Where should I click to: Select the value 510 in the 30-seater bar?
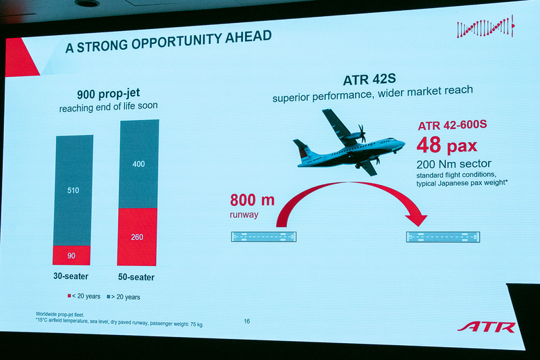click(73, 190)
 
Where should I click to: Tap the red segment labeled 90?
click(72, 255)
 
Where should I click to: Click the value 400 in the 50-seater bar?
click(138, 164)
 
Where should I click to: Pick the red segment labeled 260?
click(138, 237)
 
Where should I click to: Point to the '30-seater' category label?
click(72, 276)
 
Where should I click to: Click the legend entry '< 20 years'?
click(84, 297)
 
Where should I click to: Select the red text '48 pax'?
click(446, 145)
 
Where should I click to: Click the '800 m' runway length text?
click(253, 201)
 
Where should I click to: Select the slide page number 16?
click(246, 322)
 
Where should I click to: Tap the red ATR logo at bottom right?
click(486, 327)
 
